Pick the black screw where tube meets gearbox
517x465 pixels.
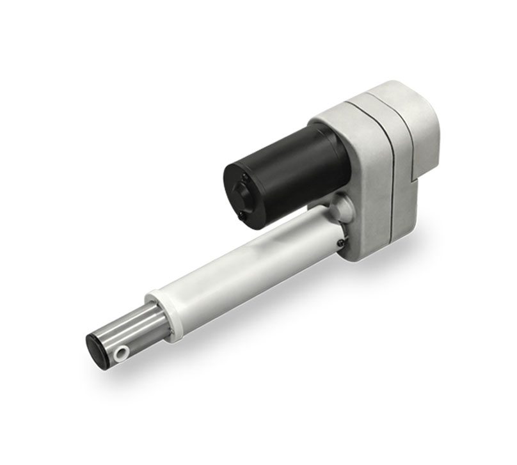pyautogui.click(x=340, y=242)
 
